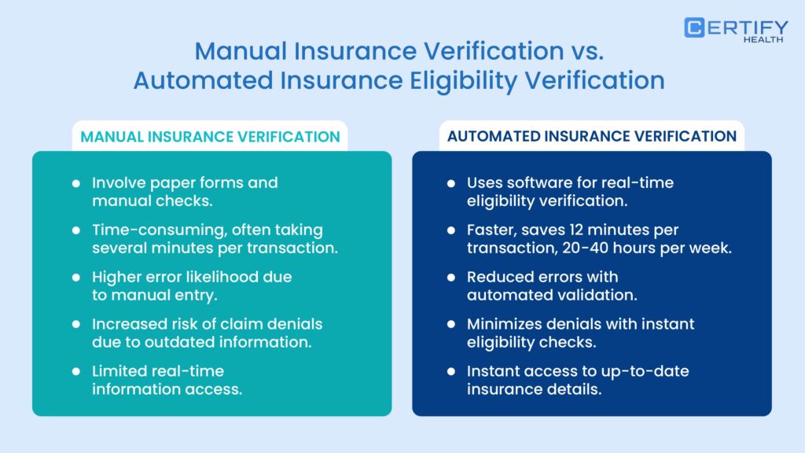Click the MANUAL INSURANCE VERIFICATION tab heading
pos(211,137)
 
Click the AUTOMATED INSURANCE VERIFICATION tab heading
pos(592,137)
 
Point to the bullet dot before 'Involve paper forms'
pos(76,183)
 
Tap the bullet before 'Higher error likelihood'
pos(76,278)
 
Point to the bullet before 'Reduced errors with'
pos(451,278)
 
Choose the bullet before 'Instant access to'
pos(451,370)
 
